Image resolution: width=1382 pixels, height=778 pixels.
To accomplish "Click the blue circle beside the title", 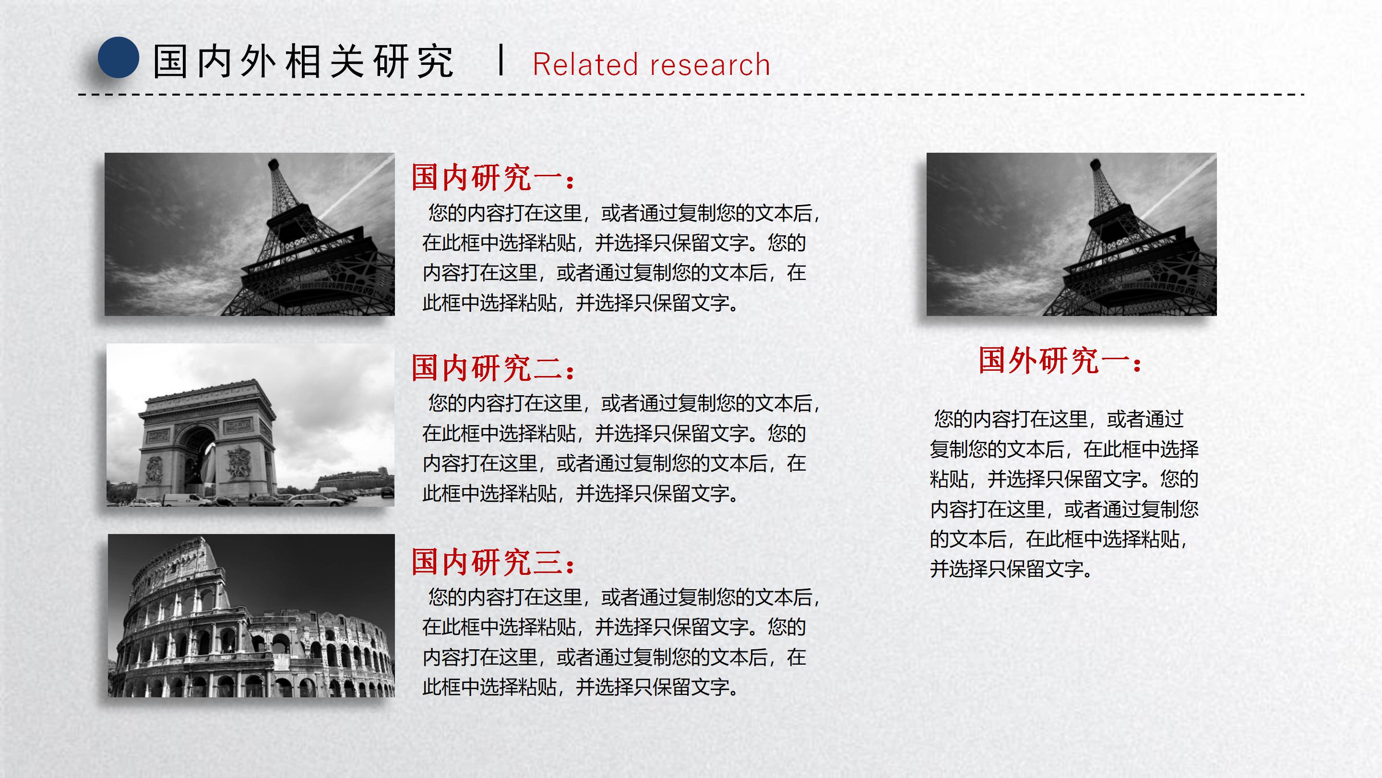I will tap(118, 58).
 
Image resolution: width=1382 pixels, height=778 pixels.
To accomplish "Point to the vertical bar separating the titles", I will tap(500, 60).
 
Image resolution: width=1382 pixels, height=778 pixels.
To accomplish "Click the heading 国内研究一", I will tap(492, 178).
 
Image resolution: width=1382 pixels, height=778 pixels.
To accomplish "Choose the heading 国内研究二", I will tap(492, 368).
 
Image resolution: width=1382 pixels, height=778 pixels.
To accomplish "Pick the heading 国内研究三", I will tap(492, 562).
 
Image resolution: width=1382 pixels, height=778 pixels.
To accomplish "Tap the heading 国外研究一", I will tap(1060, 360).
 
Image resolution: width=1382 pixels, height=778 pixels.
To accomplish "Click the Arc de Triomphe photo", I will tap(250, 425).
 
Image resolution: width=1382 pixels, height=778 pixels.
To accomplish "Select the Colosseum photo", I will tap(251, 615).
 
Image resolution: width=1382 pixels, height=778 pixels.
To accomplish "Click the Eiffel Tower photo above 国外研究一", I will tap(1072, 234).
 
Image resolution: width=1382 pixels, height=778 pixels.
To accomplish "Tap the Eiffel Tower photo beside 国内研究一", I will tap(250, 234).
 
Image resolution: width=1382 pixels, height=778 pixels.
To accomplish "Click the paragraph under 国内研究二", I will tap(620, 449).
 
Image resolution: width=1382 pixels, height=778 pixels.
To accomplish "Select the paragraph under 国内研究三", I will tap(620, 642).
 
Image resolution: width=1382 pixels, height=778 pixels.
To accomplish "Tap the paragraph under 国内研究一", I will tap(620, 258).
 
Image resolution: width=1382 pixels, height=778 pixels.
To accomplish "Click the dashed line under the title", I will tap(691, 95).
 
